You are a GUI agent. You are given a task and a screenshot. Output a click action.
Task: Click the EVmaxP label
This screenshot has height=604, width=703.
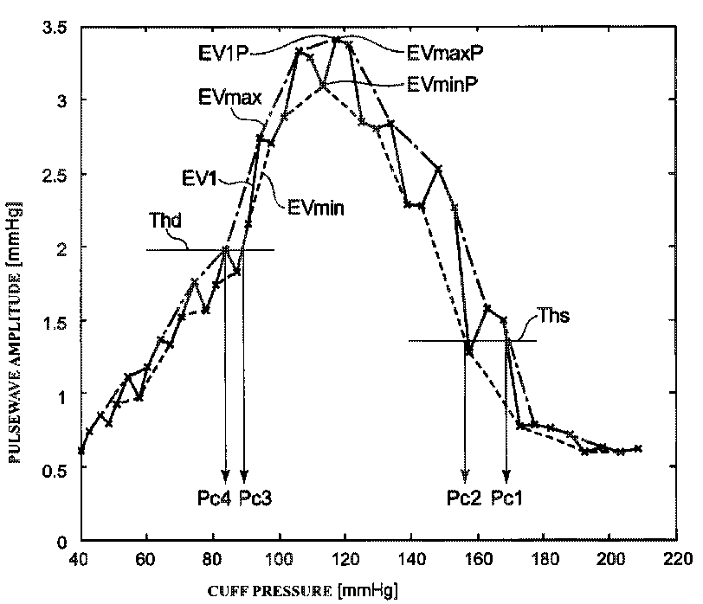tap(444, 51)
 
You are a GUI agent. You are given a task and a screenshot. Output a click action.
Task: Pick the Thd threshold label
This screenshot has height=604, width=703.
tap(165, 220)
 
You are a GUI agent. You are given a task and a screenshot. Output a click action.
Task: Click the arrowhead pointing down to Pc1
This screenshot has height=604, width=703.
tap(506, 476)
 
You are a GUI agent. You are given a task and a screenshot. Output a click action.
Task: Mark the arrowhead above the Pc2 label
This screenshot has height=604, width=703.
tap(465, 476)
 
